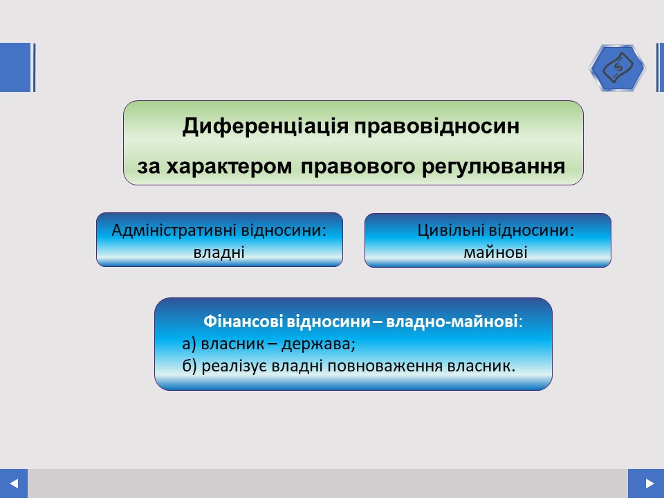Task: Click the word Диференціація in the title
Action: point(266,126)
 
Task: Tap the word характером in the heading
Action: point(229,167)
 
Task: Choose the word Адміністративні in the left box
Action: point(174,230)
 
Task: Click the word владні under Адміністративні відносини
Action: point(219,252)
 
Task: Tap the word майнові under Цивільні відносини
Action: point(495,252)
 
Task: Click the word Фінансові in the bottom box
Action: point(243,322)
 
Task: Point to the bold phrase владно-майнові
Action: point(452,322)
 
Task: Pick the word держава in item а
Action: point(318,344)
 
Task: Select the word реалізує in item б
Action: point(234,366)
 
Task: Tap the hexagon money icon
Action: point(617,67)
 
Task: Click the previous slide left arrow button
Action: point(14,483)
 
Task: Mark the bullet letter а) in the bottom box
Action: point(190,344)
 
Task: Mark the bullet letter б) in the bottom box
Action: point(190,366)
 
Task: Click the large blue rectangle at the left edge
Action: point(15,67)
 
